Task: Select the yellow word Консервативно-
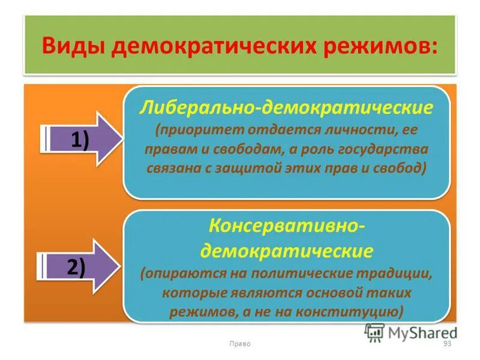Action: pyautogui.click(x=286, y=227)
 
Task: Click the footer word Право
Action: pyautogui.click(x=239, y=343)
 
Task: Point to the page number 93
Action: pyautogui.click(x=446, y=343)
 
